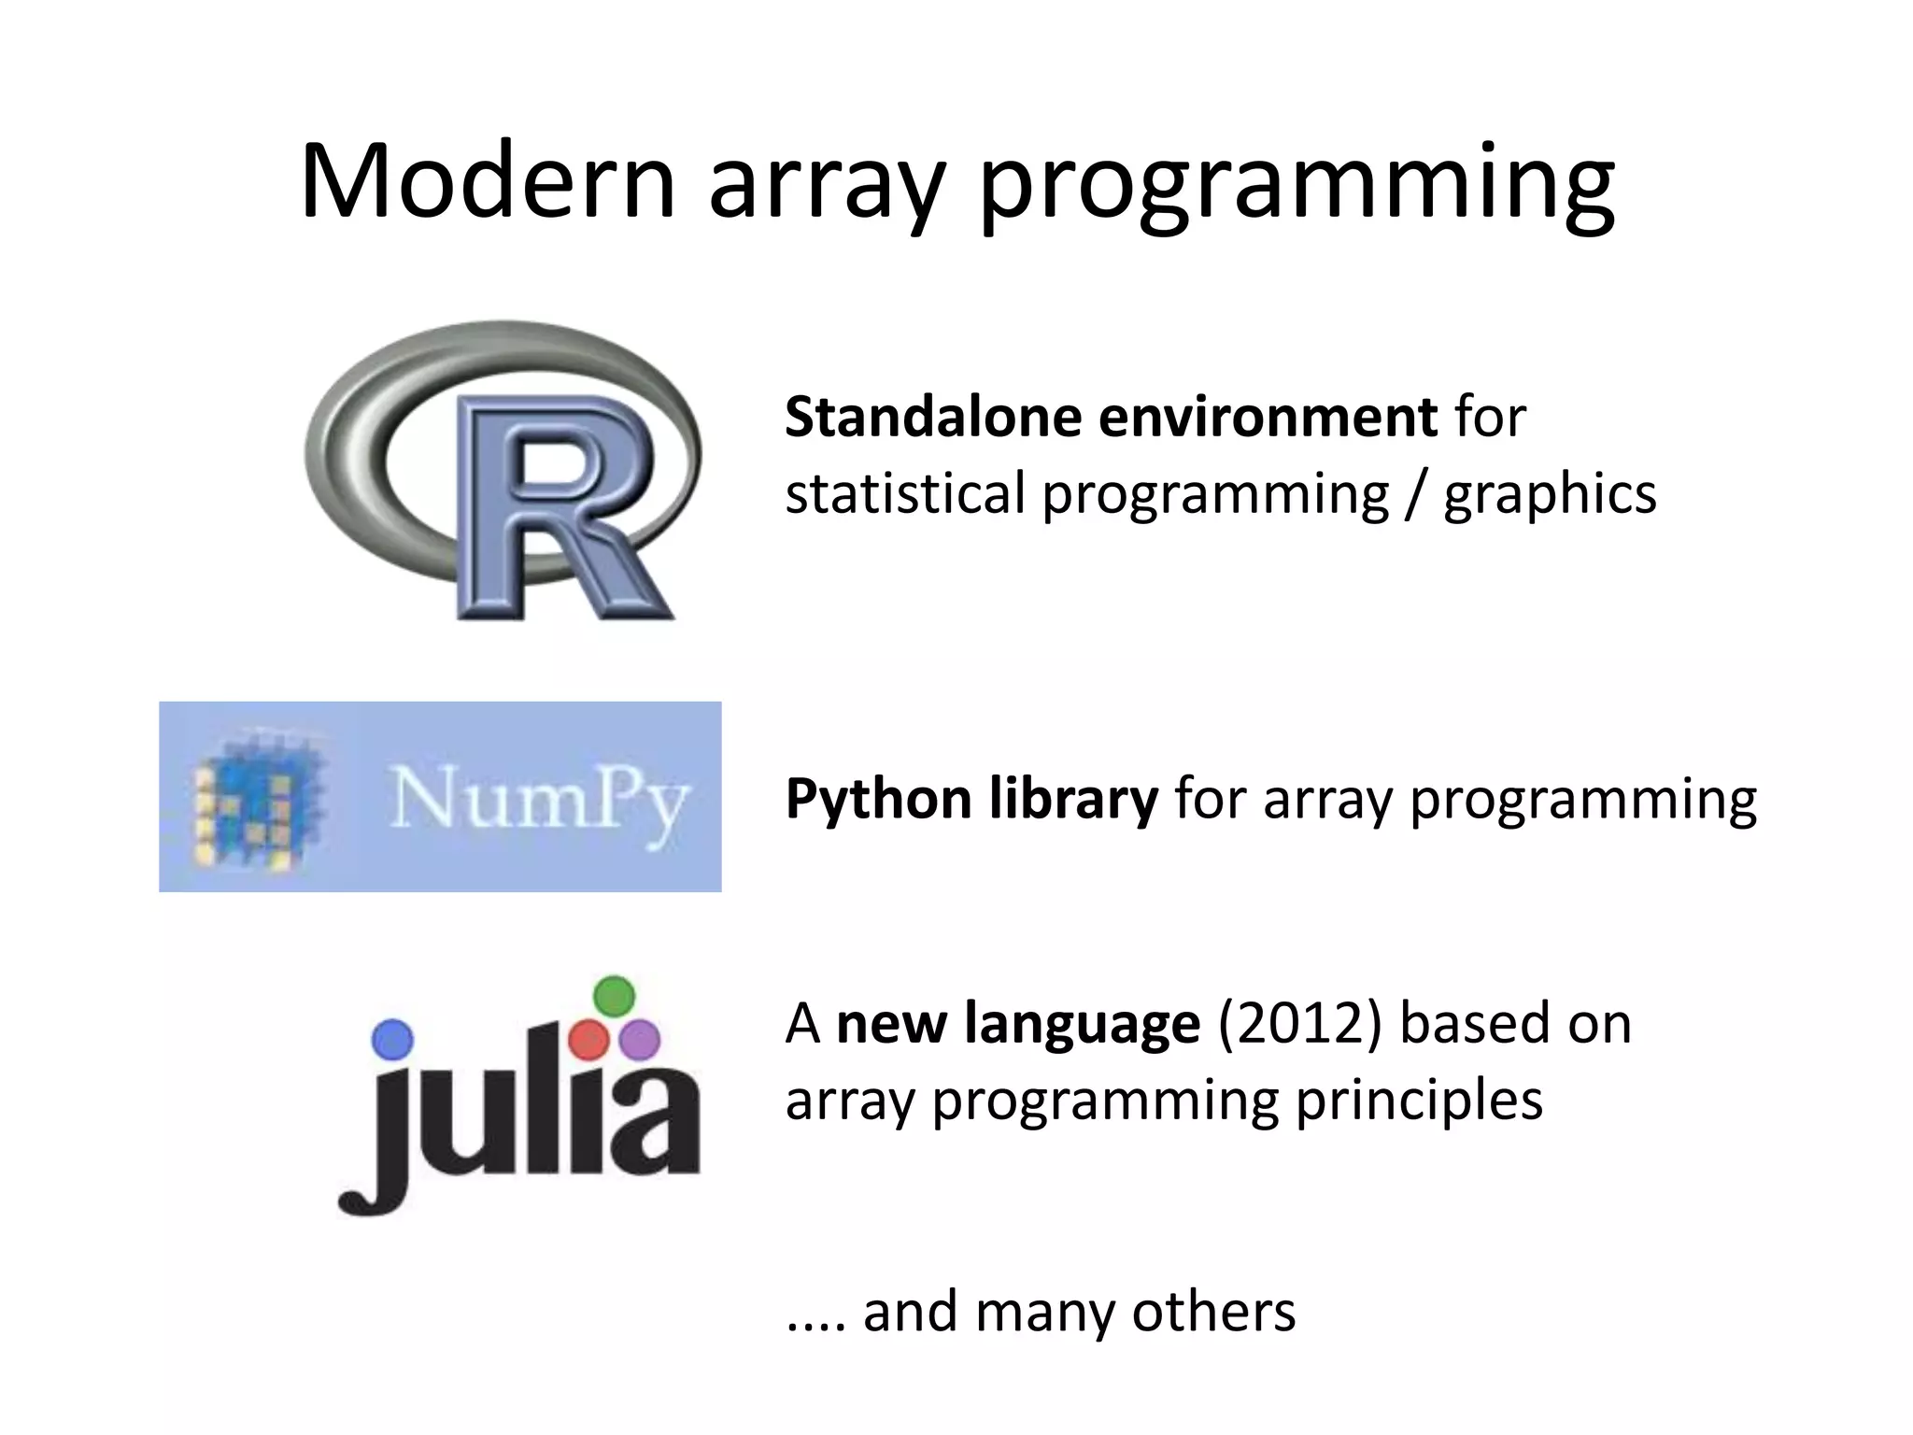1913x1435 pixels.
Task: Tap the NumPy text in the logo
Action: (539, 800)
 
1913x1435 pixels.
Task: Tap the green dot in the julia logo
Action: (614, 996)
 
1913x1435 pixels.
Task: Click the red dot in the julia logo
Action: (588, 1040)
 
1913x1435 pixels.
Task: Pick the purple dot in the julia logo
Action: (640, 1039)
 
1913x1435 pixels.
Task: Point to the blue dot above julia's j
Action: (391, 1039)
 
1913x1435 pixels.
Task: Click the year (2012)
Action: (1299, 1024)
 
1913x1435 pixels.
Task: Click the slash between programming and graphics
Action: (1417, 495)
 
